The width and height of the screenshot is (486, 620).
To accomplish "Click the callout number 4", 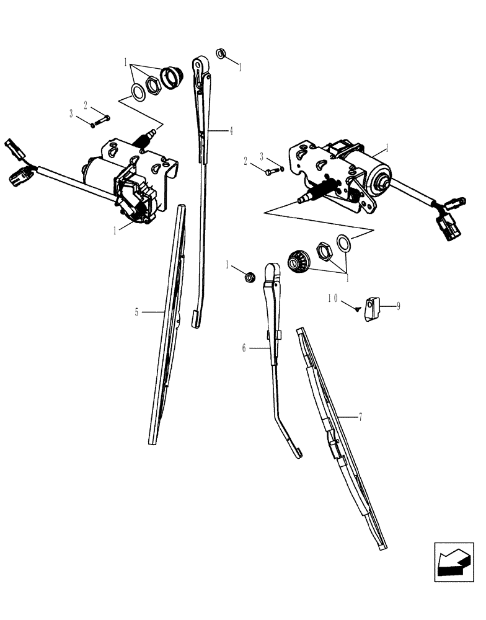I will (231, 131).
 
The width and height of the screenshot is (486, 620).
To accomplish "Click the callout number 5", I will (137, 312).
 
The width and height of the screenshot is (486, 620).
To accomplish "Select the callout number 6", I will (244, 349).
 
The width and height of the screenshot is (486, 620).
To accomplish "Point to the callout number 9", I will (398, 306).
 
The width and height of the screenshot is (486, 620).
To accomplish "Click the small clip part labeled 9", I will (373, 308).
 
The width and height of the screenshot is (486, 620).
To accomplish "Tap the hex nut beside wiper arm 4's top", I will (221, 53).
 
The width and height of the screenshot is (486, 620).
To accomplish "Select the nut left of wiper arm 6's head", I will (249, 277).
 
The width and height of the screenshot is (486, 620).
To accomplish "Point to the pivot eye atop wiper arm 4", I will (200, 64).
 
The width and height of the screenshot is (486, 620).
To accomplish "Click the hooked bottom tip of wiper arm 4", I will (195, 319).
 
